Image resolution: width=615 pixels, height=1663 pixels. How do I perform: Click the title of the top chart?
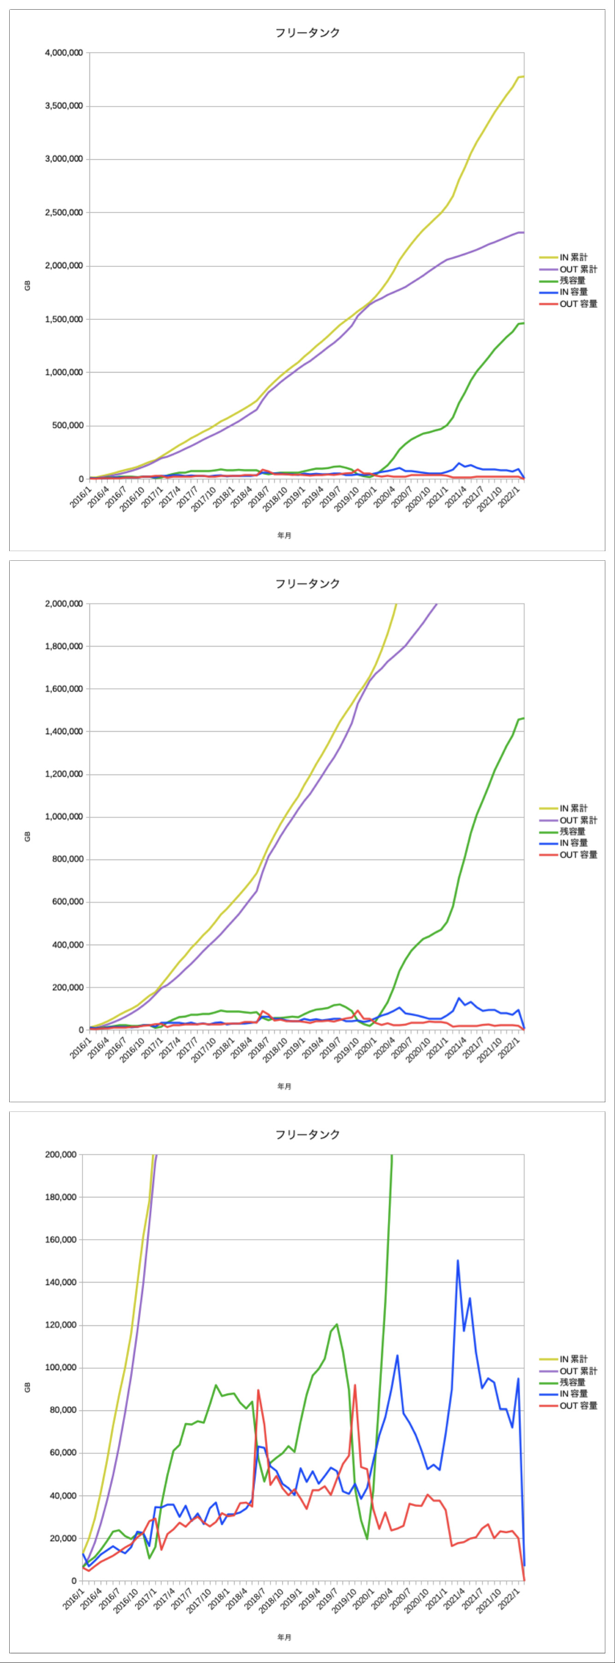coord(307,33)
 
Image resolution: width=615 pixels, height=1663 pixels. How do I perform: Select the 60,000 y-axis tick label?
coord(64,1452)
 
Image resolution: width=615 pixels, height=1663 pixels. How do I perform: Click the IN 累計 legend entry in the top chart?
coord(573,257)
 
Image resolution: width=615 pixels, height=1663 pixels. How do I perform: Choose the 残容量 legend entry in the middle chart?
coord(572,831)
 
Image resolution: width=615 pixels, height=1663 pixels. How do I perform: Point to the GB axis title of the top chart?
coord(27,285)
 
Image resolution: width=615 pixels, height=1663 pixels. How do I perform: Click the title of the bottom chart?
coord(307,1134)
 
